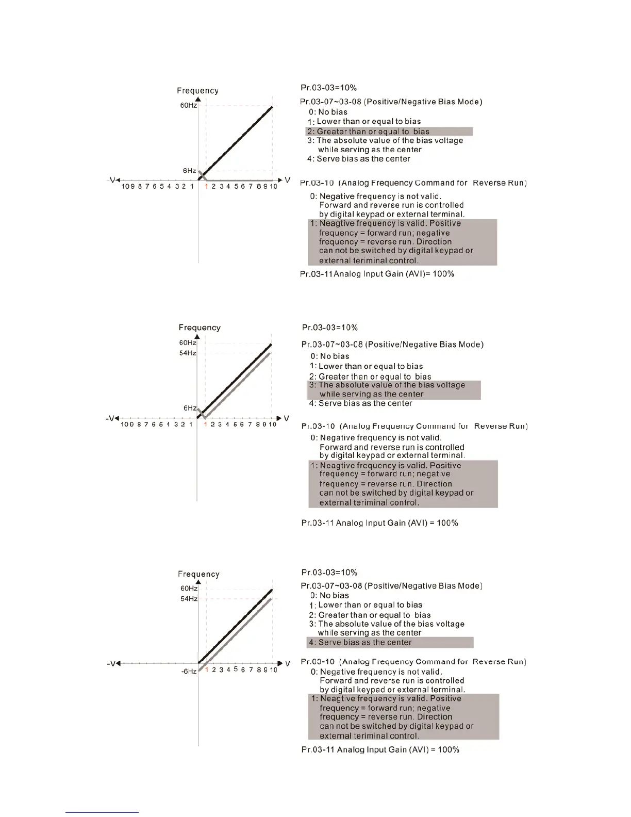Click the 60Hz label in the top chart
tap(188, 105)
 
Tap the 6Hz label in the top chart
tap(189, 171)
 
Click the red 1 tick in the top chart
tap(206, 186)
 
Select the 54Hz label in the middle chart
tap(188, 353)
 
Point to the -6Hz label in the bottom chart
tap(189, 672)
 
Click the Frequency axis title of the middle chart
tap(200, 328)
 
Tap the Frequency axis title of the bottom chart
tap(198, 574)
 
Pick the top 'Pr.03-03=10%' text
tap(328, 88)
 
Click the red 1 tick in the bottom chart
tap(206, 669)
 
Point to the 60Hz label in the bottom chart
tap(189, 589)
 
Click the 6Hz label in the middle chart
tap(189, 408)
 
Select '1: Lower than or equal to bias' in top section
tap(364, 122)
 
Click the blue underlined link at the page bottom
tap(102, 812)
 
